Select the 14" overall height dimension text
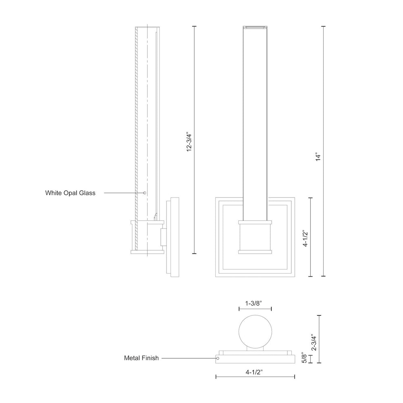pos(318,157)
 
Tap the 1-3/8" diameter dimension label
pos(253,303)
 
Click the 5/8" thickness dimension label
pos(304,357)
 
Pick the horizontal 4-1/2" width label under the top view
pos(254,372)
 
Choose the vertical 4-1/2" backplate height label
pos(305,238)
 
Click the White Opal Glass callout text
pos(70,193)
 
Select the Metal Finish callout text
pos(141,358)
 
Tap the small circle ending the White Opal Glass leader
pos(145,193)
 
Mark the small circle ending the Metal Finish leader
pos(218,358)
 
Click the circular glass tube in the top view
pos(255,331)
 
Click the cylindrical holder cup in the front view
pos(255,237)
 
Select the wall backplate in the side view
pos(173,237)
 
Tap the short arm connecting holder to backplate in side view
pos(164,237)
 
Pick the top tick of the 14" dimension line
pos(323,27)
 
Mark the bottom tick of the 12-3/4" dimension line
pos(194,253)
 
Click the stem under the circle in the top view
pos(255,349)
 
